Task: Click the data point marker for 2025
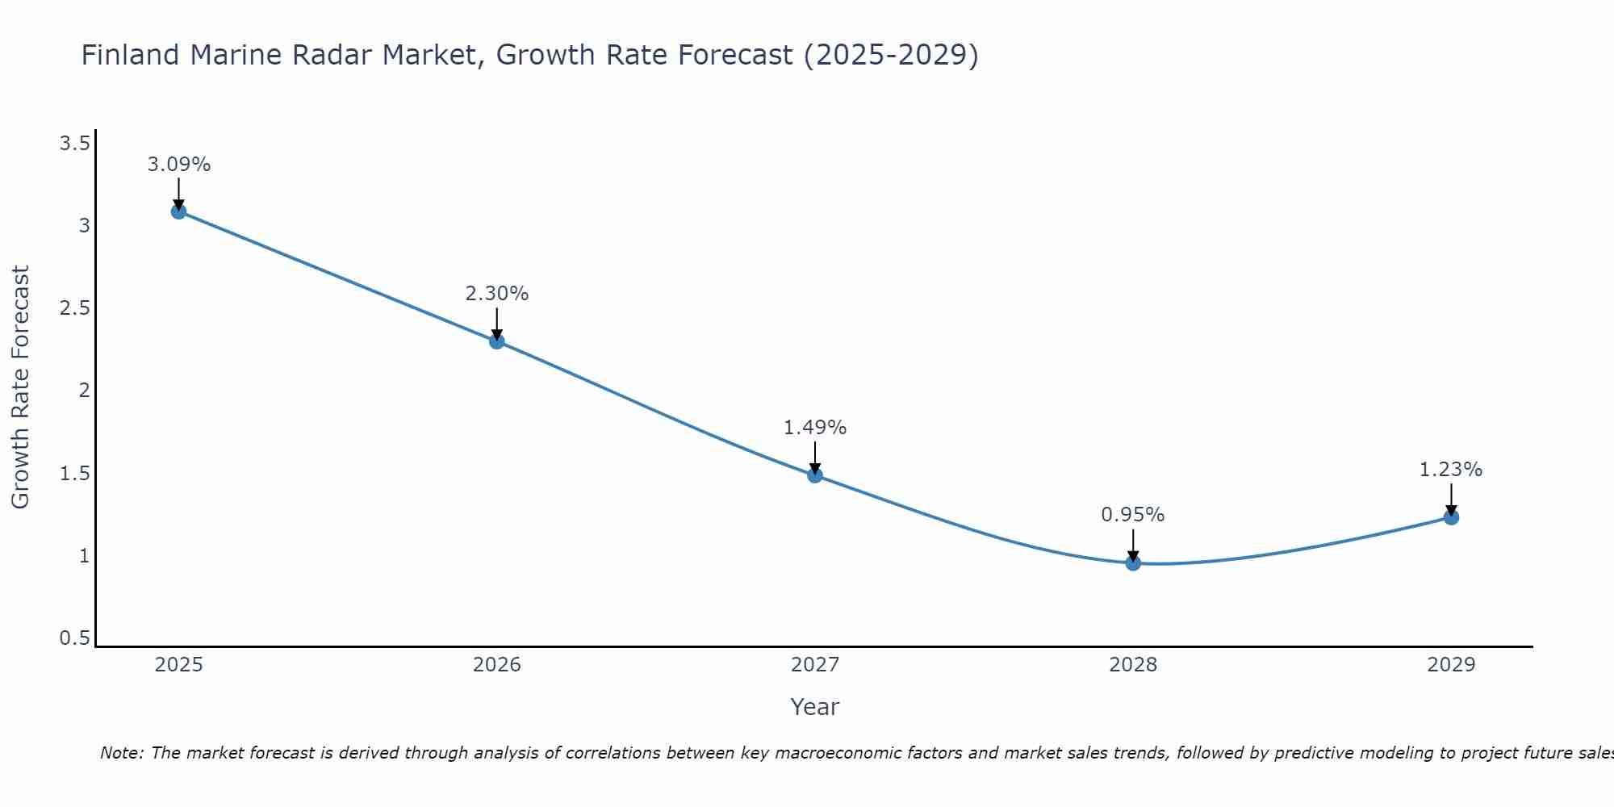click(178, 211)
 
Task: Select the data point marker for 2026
click(496, 341)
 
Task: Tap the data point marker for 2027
click(814, 475)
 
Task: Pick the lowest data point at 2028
click(1132, 562)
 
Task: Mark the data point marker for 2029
click(1450, 517)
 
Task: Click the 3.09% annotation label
click(178, 165)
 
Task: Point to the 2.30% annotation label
click(496, 294)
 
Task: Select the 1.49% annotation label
click(814, 428)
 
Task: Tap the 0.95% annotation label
click(1132, 515)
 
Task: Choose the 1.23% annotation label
click(1450, 470)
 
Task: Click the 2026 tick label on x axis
click(496, 665)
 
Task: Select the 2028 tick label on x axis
click(1132, 665)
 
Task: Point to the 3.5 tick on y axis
click(74, 144)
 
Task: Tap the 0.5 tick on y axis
click(74, 638)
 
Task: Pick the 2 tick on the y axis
click(83, 391)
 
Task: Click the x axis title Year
click(814, 707)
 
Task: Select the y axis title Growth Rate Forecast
click(20, 387)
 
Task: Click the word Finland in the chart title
click(130, 55)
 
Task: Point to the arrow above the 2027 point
click(814, 458)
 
